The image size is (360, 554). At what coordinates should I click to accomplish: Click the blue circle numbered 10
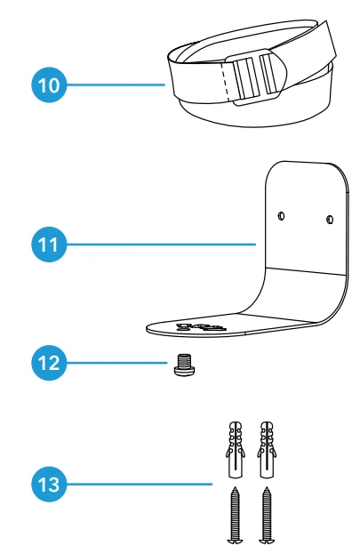point(49,84)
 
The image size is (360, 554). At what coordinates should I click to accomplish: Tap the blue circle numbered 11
point(49,245)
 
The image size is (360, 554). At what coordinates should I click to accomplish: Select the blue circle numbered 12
point(49,363)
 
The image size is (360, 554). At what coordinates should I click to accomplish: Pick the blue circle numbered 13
point(49,484)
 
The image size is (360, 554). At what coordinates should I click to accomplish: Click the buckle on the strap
point(256,77)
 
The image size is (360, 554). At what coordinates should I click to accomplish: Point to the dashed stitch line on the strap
point(225,82)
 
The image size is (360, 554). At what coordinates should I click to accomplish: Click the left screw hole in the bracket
point(281,215)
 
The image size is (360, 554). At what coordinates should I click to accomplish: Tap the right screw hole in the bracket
point(330,220)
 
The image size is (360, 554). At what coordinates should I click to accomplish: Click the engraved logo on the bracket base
point(201,327)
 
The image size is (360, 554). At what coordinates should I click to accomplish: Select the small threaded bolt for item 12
point(184,365)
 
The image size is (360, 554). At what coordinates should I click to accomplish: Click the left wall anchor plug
point(236,449)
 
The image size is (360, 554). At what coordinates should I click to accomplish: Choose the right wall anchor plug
point(267,449)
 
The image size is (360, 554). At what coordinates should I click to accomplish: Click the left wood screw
point(235,515)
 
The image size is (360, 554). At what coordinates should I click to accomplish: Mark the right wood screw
point(267,515)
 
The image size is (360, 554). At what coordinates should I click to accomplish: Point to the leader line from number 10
point(116,84)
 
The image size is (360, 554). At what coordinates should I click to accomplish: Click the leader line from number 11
point(161,245)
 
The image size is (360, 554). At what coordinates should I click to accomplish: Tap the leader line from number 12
point(117,363)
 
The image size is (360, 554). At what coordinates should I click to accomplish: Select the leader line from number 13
point(140,484)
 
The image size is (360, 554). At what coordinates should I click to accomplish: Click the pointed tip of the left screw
point(236,487)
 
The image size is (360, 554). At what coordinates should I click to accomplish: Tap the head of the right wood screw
point(267,541)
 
